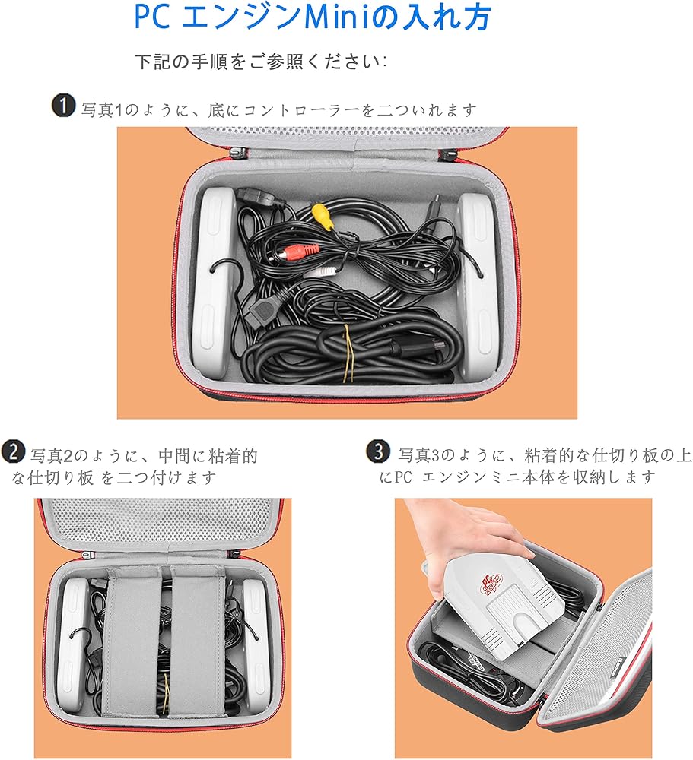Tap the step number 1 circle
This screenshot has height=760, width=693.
pos(64,106)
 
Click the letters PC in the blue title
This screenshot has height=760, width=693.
pos(151,18)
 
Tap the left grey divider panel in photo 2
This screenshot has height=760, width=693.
pos(131,638)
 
